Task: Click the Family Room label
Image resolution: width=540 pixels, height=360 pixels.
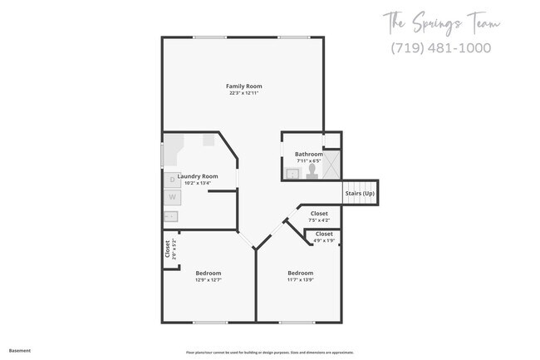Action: click(x=243, y=86)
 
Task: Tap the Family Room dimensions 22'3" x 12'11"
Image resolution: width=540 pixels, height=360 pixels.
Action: click(x=243, y=93)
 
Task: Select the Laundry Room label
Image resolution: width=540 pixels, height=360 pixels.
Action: click(x=198, y=175)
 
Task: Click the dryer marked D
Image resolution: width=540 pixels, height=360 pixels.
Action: click(x=172, y=179)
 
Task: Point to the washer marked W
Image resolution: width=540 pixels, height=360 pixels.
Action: click(x=172, y=197)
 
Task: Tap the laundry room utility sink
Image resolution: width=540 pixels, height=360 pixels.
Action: click(x=171, y=217)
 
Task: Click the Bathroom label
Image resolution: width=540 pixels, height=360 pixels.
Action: click(x=308, y=154)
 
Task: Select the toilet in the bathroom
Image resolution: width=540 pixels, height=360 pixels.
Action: click(x=312, y=170)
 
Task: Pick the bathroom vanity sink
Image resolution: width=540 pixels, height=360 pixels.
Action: click(x=292, y=174)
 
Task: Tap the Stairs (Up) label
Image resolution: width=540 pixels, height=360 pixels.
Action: click(x=360, y=194)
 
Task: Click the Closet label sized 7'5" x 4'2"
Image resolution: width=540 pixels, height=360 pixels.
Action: click(x=319, y=214)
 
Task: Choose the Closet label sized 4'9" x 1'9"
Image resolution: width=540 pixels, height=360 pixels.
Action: click(x=324, y=234)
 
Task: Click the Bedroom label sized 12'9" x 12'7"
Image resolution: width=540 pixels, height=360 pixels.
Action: click(x=209, y=273)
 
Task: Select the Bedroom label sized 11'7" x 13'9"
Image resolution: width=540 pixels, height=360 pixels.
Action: click(x=300, y=273)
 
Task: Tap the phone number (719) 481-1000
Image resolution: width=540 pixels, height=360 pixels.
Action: click(x=440, y=47)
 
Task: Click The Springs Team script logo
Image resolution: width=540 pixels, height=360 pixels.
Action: click(x=440, y=22)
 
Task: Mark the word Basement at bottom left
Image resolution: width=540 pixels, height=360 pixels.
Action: click(x=20, y=350)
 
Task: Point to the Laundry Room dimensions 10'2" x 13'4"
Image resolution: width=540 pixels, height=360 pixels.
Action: click(x=198, y=183)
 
